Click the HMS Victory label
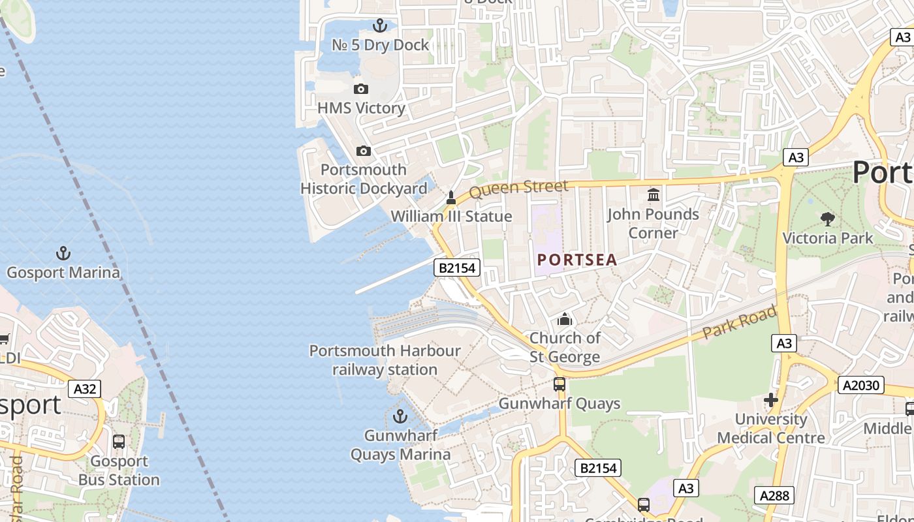pyautogui.click(x=361, y=108)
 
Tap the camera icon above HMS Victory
pyautogui.click(x=360, y=89)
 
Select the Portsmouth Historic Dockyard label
pyautogui.click(x=364, y=179)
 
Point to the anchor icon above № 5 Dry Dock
pyautogui.click(x=379, y=25)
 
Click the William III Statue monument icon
pyautogui.click(x=450, y=197)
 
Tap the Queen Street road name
pyautogui.click(x=518, y=189)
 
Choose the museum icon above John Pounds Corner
pyautogui.click(x=653, y=194)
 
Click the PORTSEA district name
pyautogui.click(x=577, y=260)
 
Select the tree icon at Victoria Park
pyautogui.click(x=828, y=219)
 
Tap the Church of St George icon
pyautogui.click(x=564, y=319)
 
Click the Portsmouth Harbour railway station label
pyautogui.click(x=385, y=360)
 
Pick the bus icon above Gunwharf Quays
pyautogui.click(x=559, y=384)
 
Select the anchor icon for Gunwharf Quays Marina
pyautogui.click(x=400, y=416)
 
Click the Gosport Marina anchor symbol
pyautogui.click(x=63, y=253)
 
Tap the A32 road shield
pyautogui.click(x=85, y=390)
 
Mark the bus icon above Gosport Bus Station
pyautogui.click(x=119, y=442)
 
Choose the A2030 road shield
pyautogui.click(x=861, y=386)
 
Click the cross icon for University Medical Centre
pyautogui.click(x=771, y=399)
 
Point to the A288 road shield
pyautogui.click(x=776, y=495)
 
